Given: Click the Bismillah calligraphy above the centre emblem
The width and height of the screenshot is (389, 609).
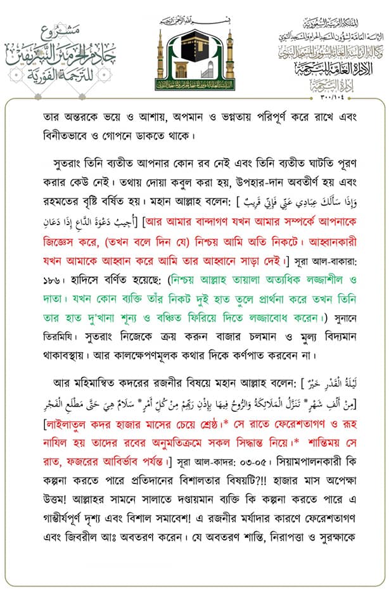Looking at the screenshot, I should [194, 19].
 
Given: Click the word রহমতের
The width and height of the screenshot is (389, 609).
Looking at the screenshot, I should [61, 188].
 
